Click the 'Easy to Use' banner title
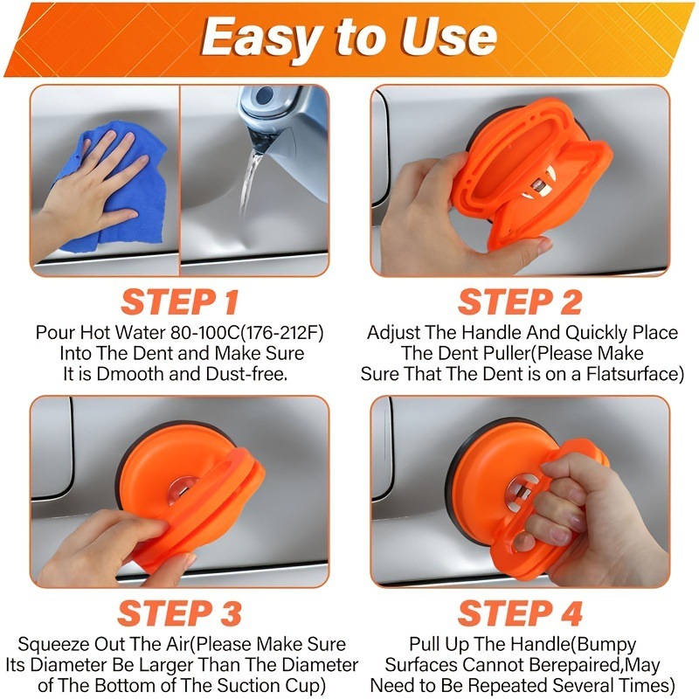(349, 38)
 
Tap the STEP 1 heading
(180, 302)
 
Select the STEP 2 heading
(520, 302)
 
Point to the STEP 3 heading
(180, 613)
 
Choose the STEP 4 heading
(520, 613)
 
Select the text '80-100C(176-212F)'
(247, 333)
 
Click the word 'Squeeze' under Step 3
(51, 644)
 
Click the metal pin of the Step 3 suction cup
(182, 488)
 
